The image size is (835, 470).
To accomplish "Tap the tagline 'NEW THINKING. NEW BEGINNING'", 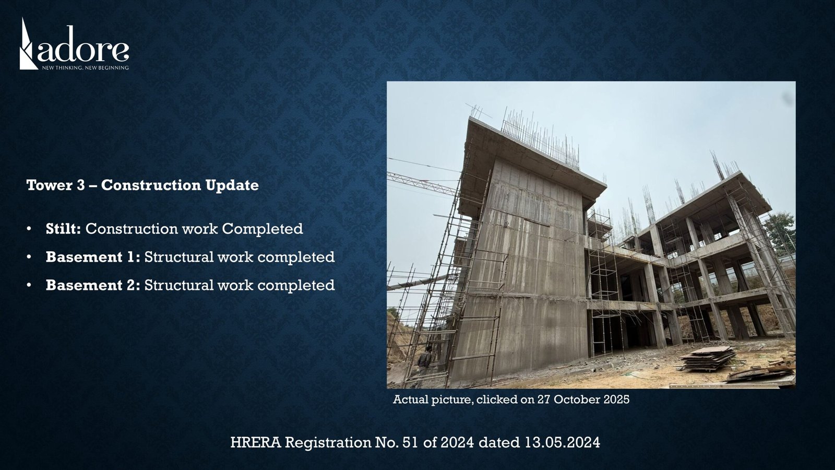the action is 86,68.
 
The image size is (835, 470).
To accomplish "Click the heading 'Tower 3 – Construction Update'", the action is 142,185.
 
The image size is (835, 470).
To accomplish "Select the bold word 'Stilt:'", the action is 63,229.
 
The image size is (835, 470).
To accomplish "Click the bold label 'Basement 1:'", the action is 93,257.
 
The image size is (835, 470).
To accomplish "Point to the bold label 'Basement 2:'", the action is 93,285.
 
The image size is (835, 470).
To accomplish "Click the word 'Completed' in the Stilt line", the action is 263,229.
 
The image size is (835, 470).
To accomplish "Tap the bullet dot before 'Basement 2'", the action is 29,285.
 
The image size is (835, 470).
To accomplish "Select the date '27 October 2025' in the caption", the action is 583,399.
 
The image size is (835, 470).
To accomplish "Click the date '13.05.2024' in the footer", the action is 563,442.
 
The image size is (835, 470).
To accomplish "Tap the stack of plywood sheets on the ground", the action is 707,358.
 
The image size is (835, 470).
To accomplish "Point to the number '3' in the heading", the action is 81,185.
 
